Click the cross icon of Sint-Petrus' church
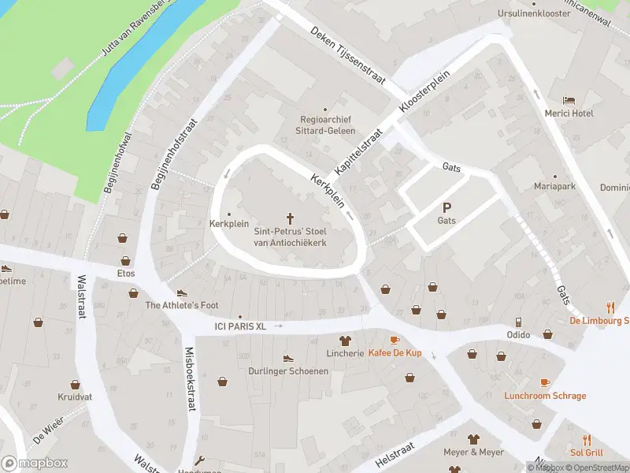click(290, 218)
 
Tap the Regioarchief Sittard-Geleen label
click(324, 125)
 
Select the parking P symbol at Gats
click(447, 208)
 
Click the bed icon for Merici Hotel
click(569, 101)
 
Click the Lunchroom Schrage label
click(545, 396)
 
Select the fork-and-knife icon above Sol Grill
click(587, 440)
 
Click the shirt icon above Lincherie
click(344, 341)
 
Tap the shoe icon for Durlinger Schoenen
click(287, 358)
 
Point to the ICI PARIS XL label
click(241, 326)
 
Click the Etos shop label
click(125, 274)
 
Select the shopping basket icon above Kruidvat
click(75, 385)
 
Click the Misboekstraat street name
click(190, 379)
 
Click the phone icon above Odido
click(518, 322)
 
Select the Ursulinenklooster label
click(534, 14)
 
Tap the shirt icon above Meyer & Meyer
click(473, 439)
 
